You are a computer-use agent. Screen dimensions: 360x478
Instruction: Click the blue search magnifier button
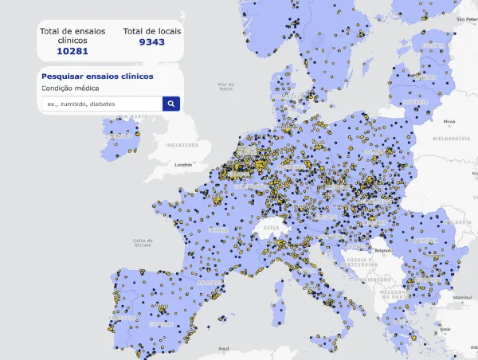coord(171,104)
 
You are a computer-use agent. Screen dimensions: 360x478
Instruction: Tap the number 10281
coord(72,51)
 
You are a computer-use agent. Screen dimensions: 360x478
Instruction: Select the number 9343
coord(152,42)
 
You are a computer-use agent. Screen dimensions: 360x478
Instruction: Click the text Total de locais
coord(152,31)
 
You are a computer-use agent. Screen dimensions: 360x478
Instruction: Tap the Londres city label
coord(184,165)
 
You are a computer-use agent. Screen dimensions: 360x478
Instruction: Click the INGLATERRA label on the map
coord(181,145)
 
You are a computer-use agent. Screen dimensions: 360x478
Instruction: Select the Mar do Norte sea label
coord(227,85)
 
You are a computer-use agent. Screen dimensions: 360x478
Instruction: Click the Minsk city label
coord(449,122)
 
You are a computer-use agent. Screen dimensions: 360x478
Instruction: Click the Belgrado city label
coord(384,251)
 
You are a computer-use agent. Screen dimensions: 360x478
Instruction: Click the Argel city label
coord(223,348)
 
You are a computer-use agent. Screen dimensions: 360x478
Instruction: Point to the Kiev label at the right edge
coord(472,170)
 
